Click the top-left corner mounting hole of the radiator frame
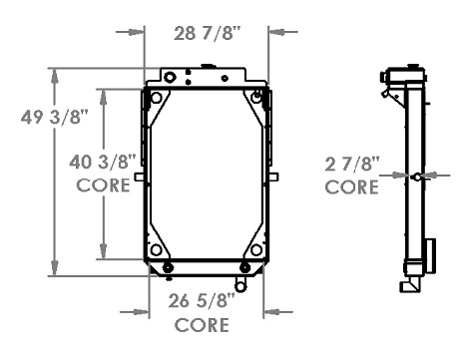tap(155, 98)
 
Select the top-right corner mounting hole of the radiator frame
tap(258, 97)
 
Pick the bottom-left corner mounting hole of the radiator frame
tap(155, 249)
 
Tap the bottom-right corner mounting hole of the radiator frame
tap(257, 249)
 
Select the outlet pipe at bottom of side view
tap(408, 286)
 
